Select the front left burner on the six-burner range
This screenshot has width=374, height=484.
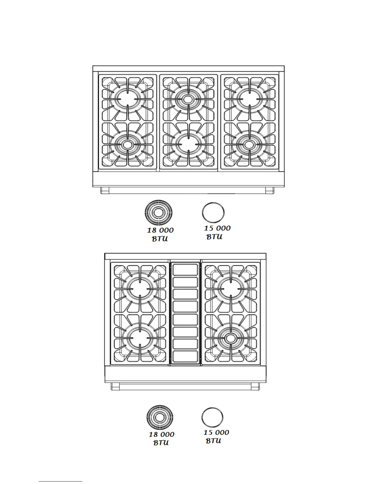point(127,144)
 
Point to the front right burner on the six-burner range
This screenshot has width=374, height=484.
point(249,144)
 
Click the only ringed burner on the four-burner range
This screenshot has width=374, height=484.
point(231,338)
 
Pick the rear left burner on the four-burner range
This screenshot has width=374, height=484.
point(140,288)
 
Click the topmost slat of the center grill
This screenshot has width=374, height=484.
point(185,270)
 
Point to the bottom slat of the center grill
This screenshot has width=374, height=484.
point(185,357)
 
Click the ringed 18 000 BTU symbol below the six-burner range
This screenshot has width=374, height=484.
point(158,212)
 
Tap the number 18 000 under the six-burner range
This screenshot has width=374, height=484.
point(160,230)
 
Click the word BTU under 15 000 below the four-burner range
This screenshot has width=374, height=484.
point(213,441)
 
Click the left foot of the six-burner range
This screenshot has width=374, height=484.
point(105,191)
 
